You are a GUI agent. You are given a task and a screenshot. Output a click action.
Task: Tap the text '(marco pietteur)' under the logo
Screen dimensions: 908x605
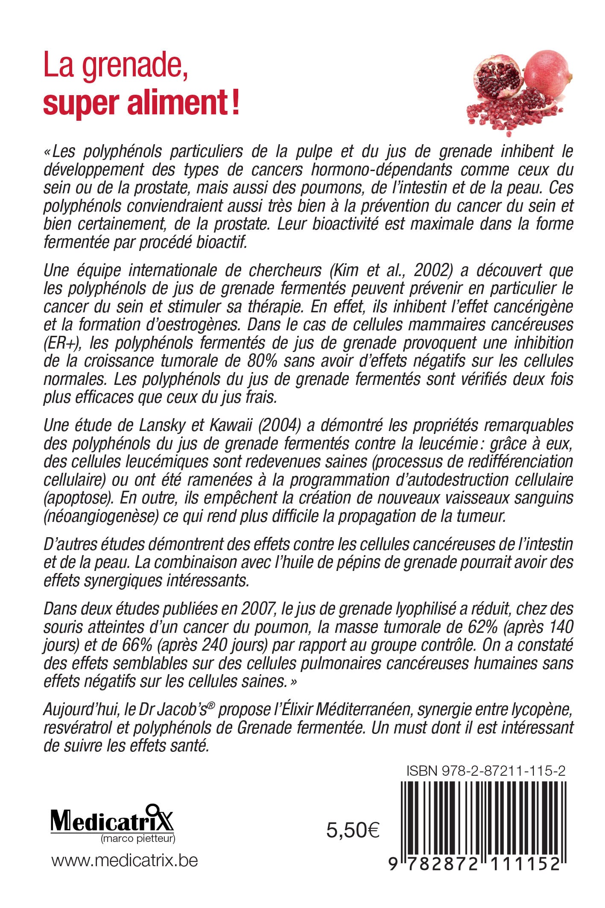tap(137, 839)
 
